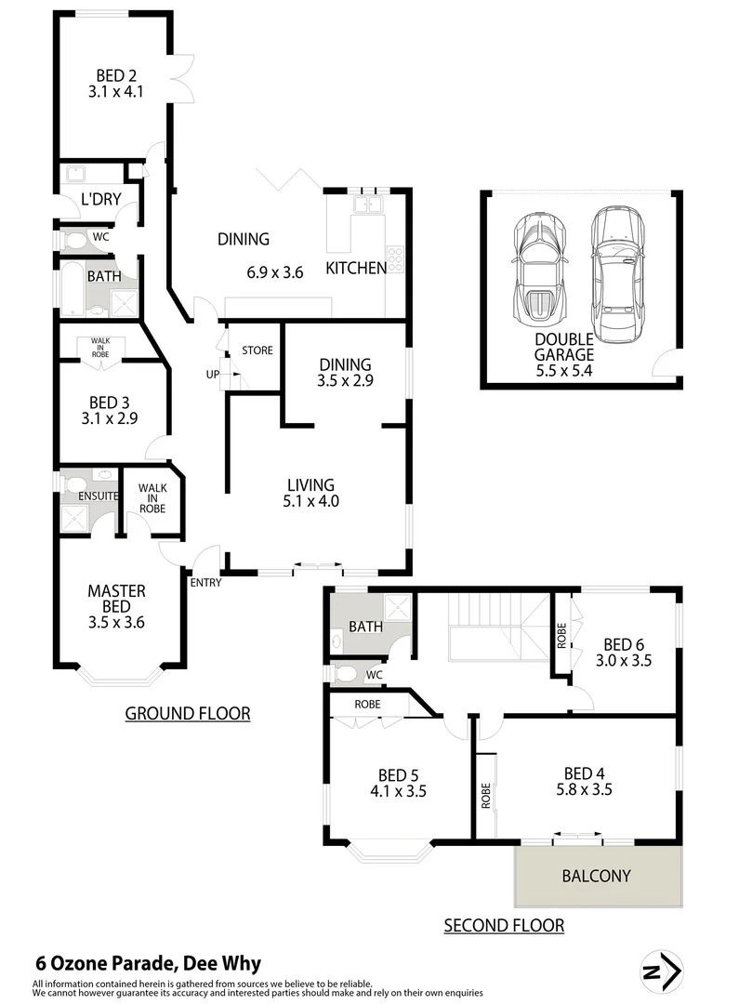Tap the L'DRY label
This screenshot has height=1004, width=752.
97,199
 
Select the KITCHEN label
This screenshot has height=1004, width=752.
356,269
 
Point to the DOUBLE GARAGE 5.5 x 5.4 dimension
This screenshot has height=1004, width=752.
563,370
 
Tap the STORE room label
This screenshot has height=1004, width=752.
257,350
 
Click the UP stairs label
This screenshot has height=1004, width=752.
212,374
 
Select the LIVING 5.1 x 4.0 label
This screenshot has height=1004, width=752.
310,493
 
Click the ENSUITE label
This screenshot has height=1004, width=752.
98,495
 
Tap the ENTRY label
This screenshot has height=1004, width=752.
205,582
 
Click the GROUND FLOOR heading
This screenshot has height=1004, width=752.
188,714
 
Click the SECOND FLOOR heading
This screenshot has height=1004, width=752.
504,925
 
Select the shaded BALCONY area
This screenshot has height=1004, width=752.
596,877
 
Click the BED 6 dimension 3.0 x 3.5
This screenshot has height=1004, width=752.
624,661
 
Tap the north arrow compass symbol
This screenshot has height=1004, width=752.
662,971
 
